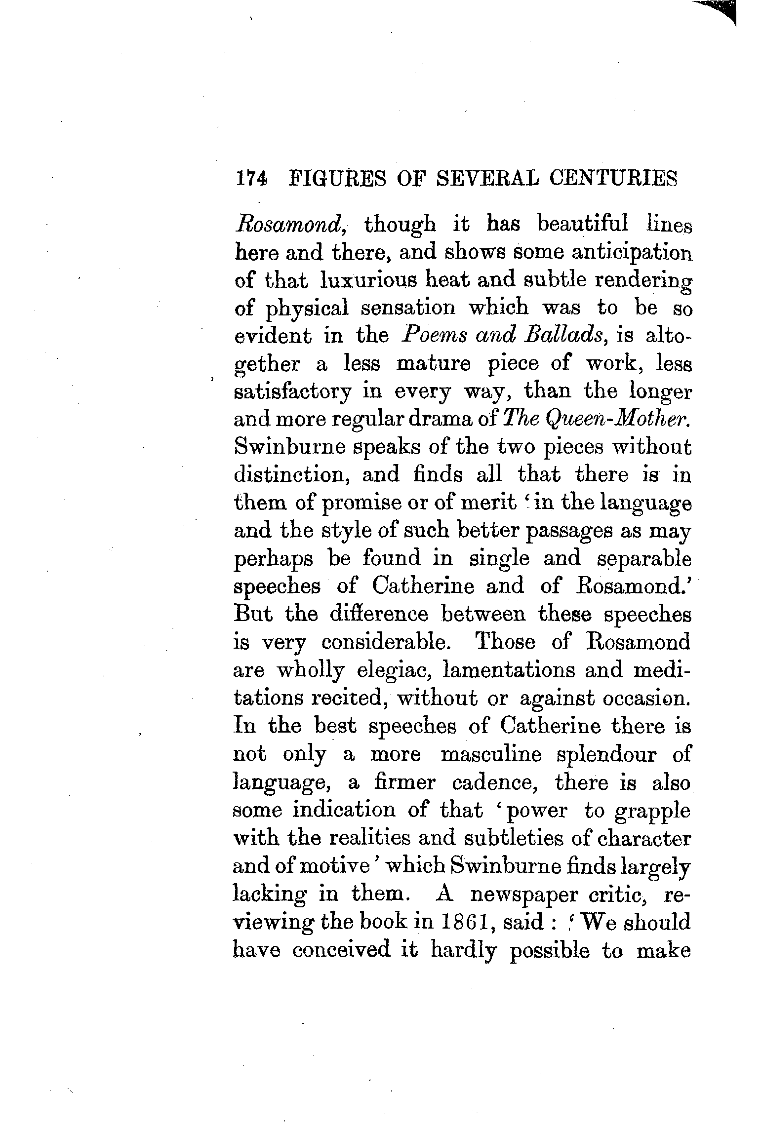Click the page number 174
(x=251, y=178)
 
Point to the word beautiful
(x=583, y=225)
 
